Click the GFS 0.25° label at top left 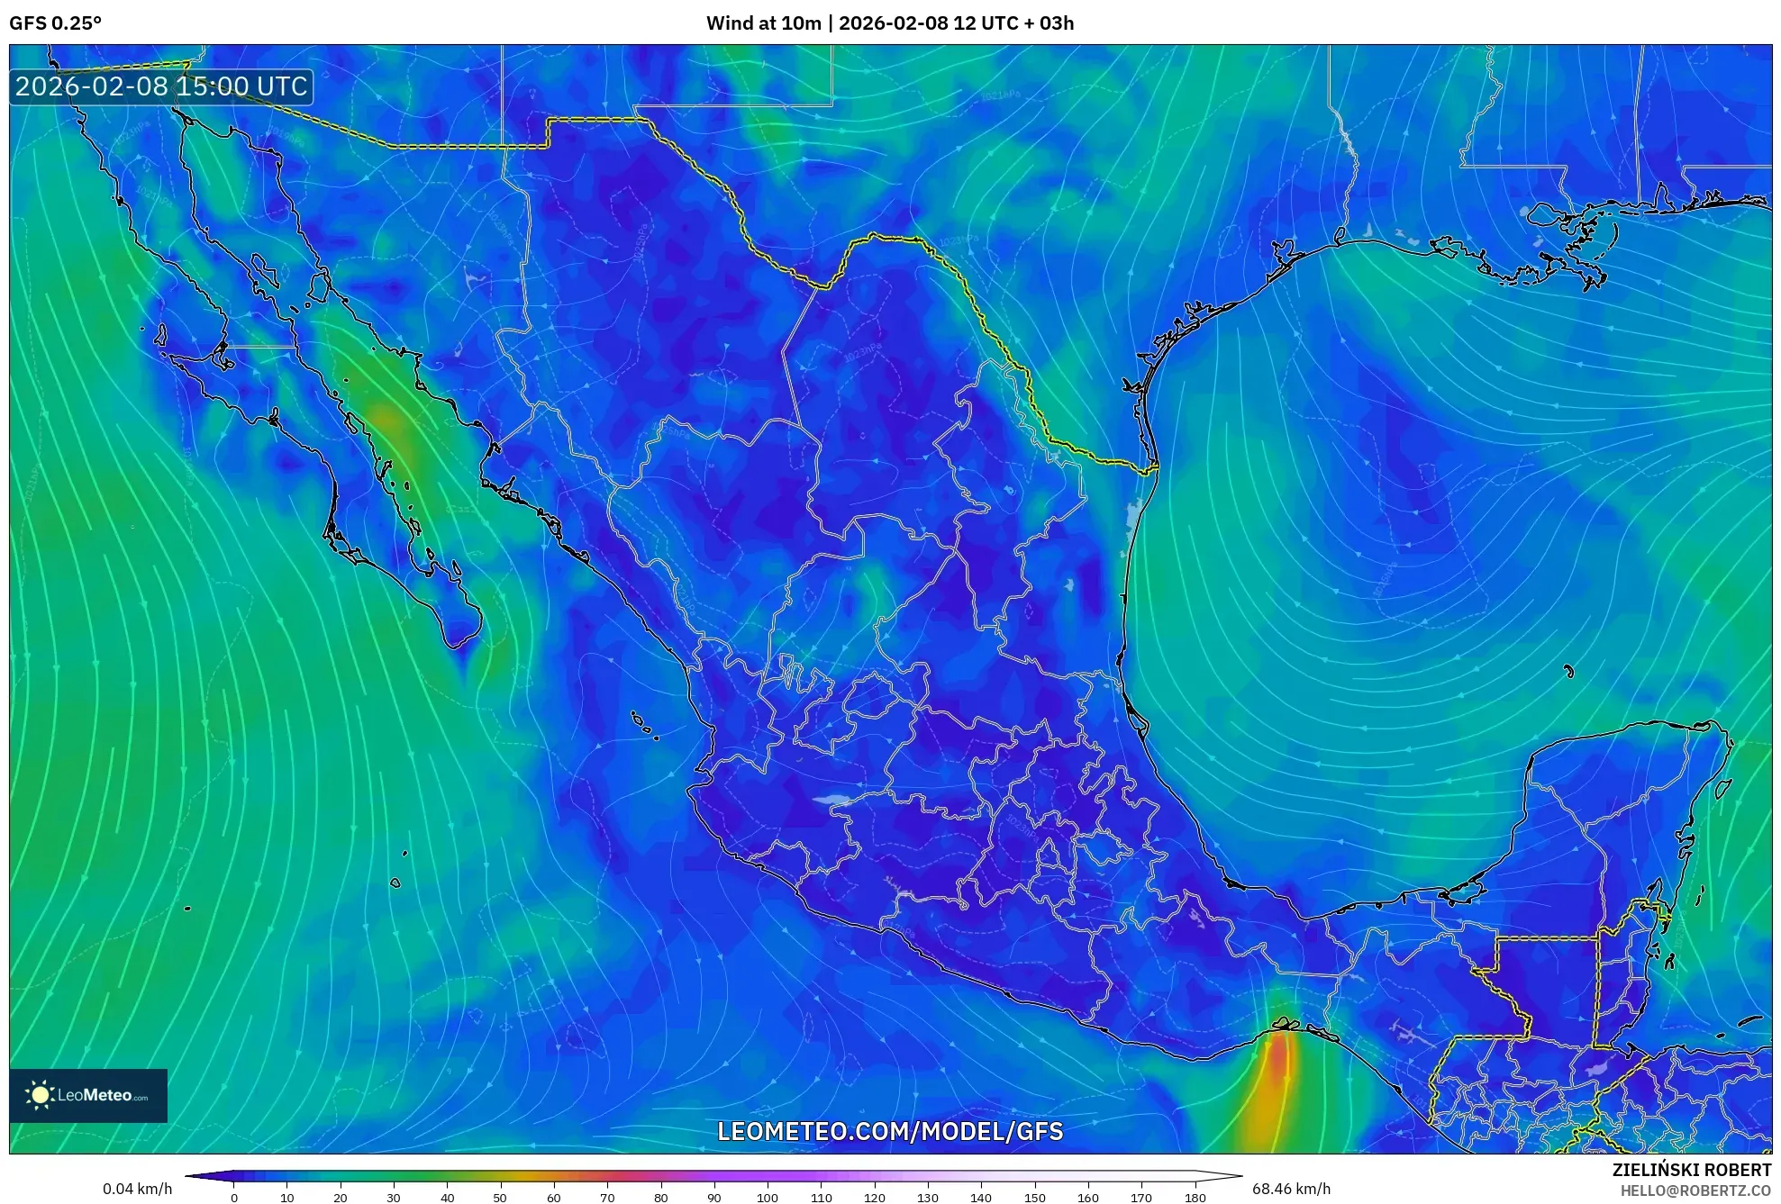[55, 23]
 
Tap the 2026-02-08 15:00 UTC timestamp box [161, 86]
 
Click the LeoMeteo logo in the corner [88, 1095]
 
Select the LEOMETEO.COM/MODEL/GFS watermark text [889, 1132]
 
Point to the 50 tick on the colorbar [500, 1198]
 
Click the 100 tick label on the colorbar [767, 1198]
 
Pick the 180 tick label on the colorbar [1195, 1198]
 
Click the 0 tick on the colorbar [234, 1198]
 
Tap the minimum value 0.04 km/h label [137, 1189]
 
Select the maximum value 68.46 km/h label [1291, 1189]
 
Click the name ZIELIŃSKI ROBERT [1691, 1170]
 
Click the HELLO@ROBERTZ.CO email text [1695, 1190]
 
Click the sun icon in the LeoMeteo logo [40, 1095]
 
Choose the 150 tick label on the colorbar [1034, 1198]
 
